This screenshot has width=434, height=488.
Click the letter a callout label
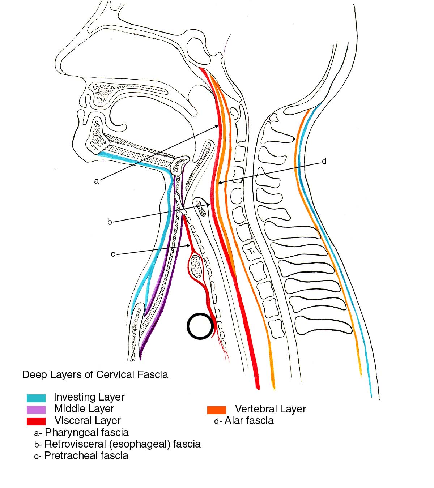pos(97,181)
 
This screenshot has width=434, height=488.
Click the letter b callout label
pos(110,222)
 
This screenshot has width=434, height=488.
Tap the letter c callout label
pos(113,254)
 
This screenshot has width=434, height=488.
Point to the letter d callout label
pos(324,161)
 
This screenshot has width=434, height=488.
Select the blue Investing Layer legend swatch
pos(36,398)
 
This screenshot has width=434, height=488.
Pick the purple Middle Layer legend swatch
pos(36,410)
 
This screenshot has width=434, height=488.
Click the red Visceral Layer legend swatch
pos(36,421)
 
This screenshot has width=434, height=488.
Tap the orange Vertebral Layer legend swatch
pos(217,410)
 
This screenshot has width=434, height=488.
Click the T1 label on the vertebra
pos(252,252)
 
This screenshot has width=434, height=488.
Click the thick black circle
pos(200,326)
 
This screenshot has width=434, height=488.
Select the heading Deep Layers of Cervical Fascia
pos(95,374)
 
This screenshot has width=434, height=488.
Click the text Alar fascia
pos(249,421)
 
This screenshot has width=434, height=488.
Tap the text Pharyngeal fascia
pos(86,432)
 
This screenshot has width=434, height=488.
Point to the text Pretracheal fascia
pos(86,455)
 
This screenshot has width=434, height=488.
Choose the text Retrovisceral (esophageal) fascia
pos(122,444)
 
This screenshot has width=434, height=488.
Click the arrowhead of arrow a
pos(218,125)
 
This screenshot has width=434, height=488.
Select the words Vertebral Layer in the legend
pos(271,409)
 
